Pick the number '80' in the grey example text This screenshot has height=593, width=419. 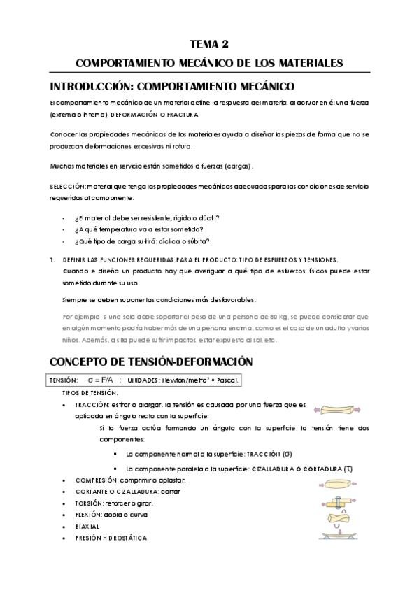point(277,317)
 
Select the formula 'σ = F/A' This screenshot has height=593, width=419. point(101,380)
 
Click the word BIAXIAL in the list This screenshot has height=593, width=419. point(87,527)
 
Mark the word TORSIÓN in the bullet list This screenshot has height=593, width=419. point(90,503)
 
